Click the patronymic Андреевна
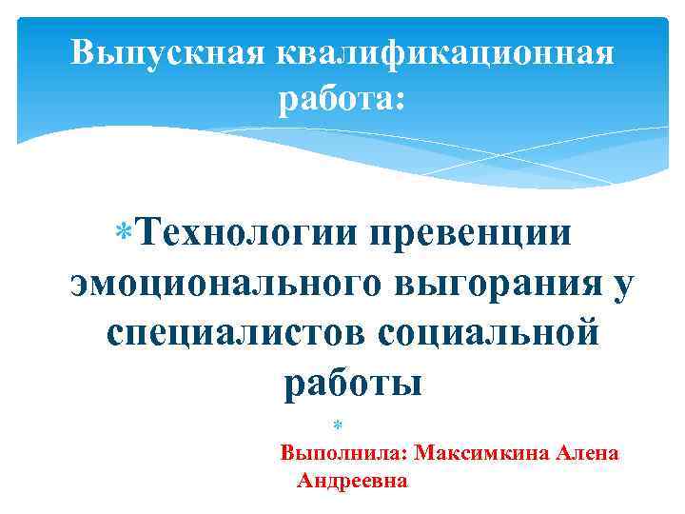click(352, 482)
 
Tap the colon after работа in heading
click(400, 99)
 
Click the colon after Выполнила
click(404, 455)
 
